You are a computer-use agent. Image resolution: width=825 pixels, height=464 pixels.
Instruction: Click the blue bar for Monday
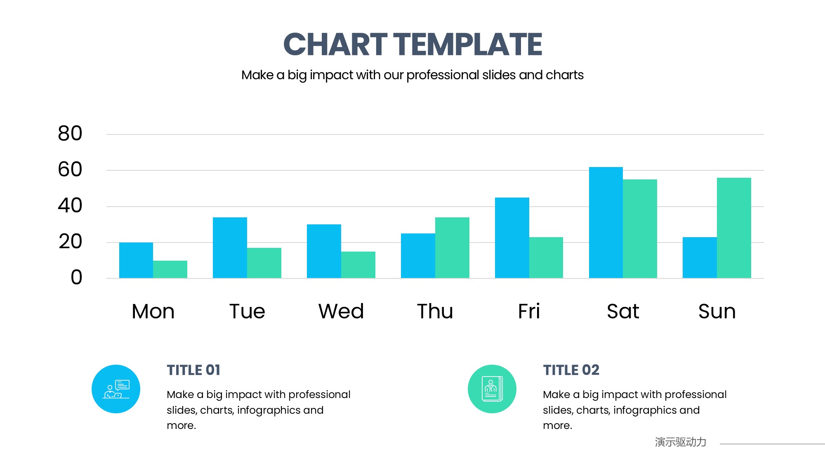tap(136, 260)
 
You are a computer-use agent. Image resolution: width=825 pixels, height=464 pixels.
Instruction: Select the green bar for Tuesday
tap(264, 263)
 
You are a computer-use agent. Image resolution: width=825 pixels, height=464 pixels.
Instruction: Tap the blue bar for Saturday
tap(606, 223)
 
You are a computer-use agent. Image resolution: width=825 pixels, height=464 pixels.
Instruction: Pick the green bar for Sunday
tap(734, 228)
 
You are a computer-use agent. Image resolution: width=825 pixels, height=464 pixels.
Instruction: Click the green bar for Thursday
tap(452, 247)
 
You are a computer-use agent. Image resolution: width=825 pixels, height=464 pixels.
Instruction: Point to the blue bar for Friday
tap(512, 238)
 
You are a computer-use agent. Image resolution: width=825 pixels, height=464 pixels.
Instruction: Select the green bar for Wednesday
tap(358, 265)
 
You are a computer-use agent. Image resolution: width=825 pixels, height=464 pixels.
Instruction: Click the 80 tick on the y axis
tap(70, 134)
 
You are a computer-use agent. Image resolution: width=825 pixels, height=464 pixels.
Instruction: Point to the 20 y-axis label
tap(70, 242)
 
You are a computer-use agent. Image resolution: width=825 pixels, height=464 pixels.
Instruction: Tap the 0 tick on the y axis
tap(76, 278)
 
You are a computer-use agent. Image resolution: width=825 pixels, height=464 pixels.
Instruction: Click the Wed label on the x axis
tap(341, 311)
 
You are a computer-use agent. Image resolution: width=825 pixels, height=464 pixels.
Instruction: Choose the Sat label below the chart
tap(623, 311)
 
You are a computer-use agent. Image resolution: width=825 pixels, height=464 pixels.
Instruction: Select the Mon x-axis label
tap(153, 311)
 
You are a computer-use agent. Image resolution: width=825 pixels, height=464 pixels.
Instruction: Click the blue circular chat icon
tap(116, 389)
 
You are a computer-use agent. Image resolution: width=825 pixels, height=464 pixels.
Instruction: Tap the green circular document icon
tap(492, 389)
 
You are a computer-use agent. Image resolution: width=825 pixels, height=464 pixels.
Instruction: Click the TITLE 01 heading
tap(193, 370)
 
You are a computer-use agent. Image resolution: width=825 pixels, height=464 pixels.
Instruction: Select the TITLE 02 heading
tap(571, 370)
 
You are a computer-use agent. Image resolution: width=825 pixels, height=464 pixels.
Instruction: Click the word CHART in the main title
tap(335, 44)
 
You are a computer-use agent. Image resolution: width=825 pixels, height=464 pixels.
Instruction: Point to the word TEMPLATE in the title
tap(468, 44)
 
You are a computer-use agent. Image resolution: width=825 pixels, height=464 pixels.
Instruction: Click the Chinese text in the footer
tap(681, 442)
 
